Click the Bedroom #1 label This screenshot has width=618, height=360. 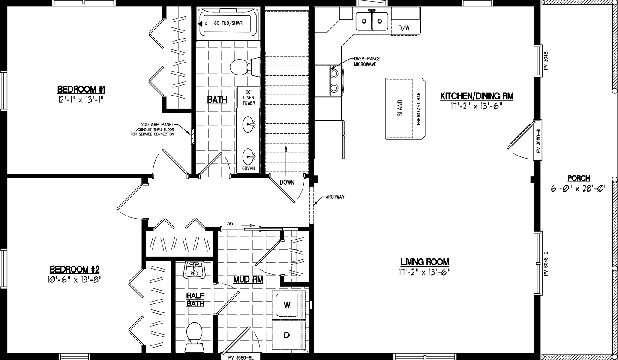[x=81, y=90]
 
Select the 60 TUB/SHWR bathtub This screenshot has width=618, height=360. [x=228, y=23]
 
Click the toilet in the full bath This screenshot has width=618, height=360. [x=244, y=67]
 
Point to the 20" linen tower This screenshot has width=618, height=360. [x=249, y=97]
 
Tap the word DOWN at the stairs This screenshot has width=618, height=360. [x=287, y=182]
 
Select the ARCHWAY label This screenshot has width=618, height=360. [x=335, y=197]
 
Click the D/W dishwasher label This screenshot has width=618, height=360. [x=404, y=28]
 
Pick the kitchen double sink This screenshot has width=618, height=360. [x=372, y=21]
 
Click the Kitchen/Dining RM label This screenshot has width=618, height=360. [x=477, y=96]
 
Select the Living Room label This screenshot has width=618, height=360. [x=425, y=262]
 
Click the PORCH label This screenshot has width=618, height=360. [x=579, y=178]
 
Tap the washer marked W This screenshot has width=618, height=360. [x=287, y=305]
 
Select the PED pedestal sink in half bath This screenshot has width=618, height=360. [x=194, y=270]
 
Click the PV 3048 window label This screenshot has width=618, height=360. [x=546, y=61]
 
